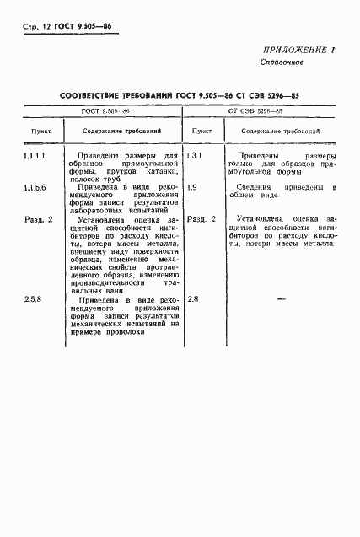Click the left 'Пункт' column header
[x=40, y=132]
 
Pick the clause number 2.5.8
[x=34, y=299]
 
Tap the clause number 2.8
[x=193, y=299]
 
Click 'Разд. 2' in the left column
[x=38, y=219]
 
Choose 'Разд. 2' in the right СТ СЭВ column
[x=201, y=219]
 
